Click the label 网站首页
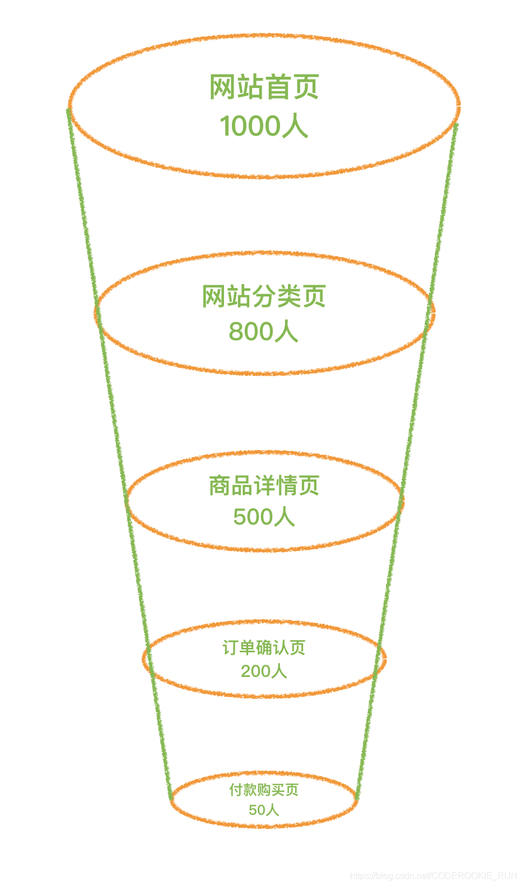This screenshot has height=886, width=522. pos(264,87)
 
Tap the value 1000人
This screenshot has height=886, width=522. pos(264,126)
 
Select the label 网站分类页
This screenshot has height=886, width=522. pos(264,296)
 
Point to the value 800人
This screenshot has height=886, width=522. pos(263,331)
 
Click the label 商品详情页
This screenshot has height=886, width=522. pos(264,486)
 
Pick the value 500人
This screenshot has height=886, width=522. pos(264,517)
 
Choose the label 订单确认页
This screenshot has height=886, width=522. pos(264,648)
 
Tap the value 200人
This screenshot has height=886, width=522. pos(264,671)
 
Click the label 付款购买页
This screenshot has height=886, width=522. pos(264,790)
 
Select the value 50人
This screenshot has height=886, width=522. pos(264,810)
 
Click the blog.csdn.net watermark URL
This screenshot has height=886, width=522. pos(434,875)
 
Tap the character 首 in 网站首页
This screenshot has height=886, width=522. pos(278,87)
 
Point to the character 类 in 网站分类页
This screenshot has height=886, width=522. pos(289,296)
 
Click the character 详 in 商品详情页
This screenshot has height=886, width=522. pos(264,486)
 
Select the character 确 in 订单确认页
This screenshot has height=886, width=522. pos(264,648)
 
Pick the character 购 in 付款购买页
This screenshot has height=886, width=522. pos(264,790)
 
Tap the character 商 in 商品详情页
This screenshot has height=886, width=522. pos(220,486)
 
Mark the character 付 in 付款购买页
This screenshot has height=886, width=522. pos(236,790)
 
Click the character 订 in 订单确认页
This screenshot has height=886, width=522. pos(230,648)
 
